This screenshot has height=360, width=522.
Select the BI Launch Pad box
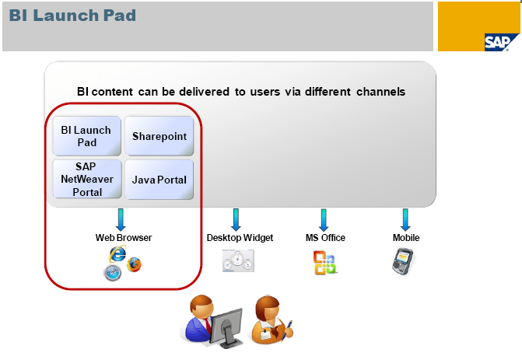tap(86, 136)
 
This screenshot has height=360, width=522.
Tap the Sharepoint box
tap(159, 136)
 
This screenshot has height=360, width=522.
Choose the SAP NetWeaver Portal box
tap(87, 180)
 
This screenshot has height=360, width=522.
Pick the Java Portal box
tap(159, 180)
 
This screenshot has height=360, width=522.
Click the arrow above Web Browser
tap(121, 218)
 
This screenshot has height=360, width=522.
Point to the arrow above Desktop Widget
tap(236, 218)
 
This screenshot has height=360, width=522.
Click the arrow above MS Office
tap(323, 218)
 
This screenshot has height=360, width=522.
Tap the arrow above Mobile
tap(405, 218)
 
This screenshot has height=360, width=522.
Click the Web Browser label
tap(124, 238)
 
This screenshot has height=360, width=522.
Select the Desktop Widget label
tap(240, 238)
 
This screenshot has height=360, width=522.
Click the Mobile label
tap(406, 238)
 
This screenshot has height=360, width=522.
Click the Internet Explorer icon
tap(117, 253)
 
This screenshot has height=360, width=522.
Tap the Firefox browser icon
tap(136, 264)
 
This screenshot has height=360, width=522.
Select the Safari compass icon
tap(113, 271)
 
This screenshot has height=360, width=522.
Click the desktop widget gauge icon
tap(238, 261)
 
